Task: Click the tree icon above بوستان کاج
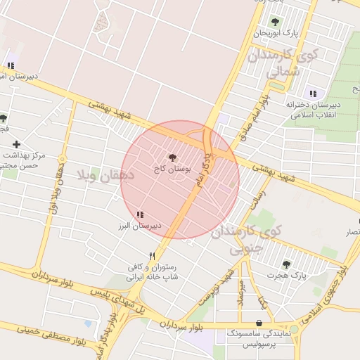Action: (x=173, y=158)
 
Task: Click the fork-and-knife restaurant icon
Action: (x=152, y=256)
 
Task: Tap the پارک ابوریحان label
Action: (x=276, y=33)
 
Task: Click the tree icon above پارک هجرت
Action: (x=286, y=264)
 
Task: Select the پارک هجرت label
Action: (x=288, y=276)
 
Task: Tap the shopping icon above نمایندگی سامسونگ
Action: (x=259, y=323)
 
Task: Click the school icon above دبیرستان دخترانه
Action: (x=313, y=93)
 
